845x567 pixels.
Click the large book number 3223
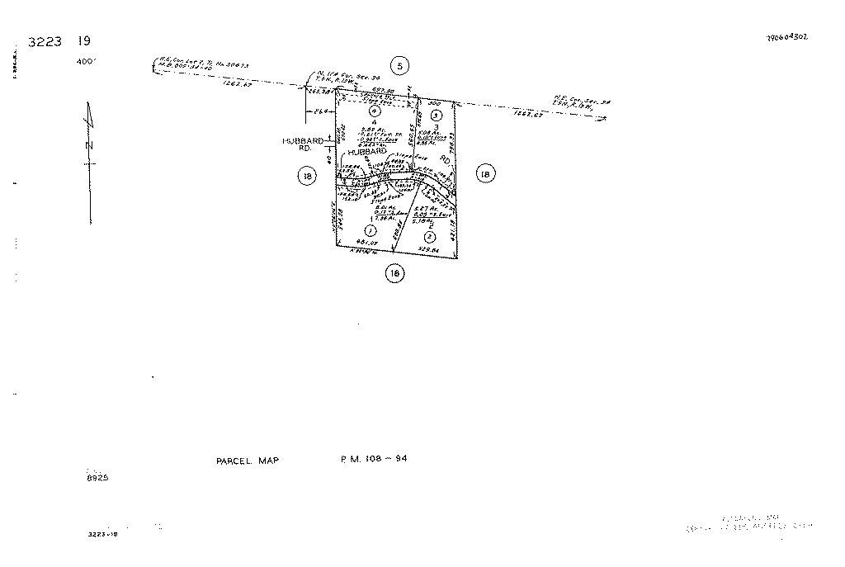tap(45, 42)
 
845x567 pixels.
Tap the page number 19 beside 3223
tap(84, 41)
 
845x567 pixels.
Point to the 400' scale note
tap(86, 61)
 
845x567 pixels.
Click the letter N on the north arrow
tap(90, 145)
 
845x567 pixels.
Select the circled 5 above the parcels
tap(400, 66)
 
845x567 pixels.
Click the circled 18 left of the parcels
tap(307, 175)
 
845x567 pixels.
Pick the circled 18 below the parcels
tap(395, 273)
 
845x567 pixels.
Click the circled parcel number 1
tap(371, 230)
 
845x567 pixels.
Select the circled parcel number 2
tap(430, 236)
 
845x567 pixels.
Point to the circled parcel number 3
tap(437, 115)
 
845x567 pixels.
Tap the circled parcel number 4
tap(374, 111)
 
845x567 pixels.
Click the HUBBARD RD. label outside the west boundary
tap(303, 144)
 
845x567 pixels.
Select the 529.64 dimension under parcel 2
tap(428, 248)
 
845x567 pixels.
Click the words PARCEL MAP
tap(242, 461)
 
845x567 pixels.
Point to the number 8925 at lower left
tap(97, 478)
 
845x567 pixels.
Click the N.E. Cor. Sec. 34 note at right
tap(582, 103)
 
